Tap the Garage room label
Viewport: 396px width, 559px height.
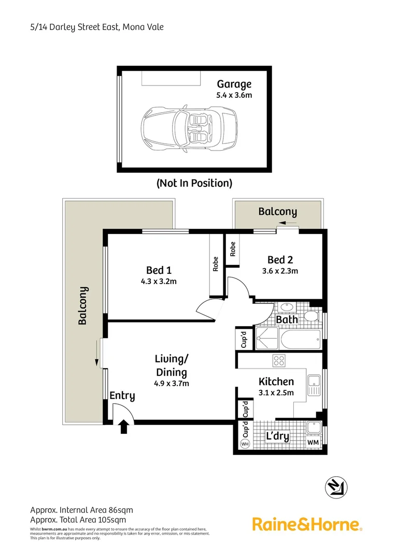click(x=234, y=84)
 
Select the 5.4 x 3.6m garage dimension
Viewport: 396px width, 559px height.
click(x=234, y=95)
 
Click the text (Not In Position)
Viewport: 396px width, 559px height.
click(x=194, y=183)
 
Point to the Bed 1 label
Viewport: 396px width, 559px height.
click(x=159, y=270)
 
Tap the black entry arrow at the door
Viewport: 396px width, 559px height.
click(x=123, y=426)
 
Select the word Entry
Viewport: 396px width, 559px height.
click(x=122, y=396)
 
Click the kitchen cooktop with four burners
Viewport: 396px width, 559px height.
click(x=279, y=361)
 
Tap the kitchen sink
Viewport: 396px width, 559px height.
click(x=314, y=385)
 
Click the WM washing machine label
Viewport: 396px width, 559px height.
click(x=313, y=443)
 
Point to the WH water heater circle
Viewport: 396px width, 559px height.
click(x=245, y=444)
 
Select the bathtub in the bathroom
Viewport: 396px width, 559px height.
click(x=301, y=341)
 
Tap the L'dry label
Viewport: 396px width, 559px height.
click(x=277, y=437)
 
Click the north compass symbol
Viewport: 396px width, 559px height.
click(x=336, y=487)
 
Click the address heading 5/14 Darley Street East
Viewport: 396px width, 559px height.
click(x=97, y=26)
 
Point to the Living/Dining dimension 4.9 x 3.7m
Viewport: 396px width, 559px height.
click(x=171, y=384)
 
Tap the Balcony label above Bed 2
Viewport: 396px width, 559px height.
click(x=277, y=212)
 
